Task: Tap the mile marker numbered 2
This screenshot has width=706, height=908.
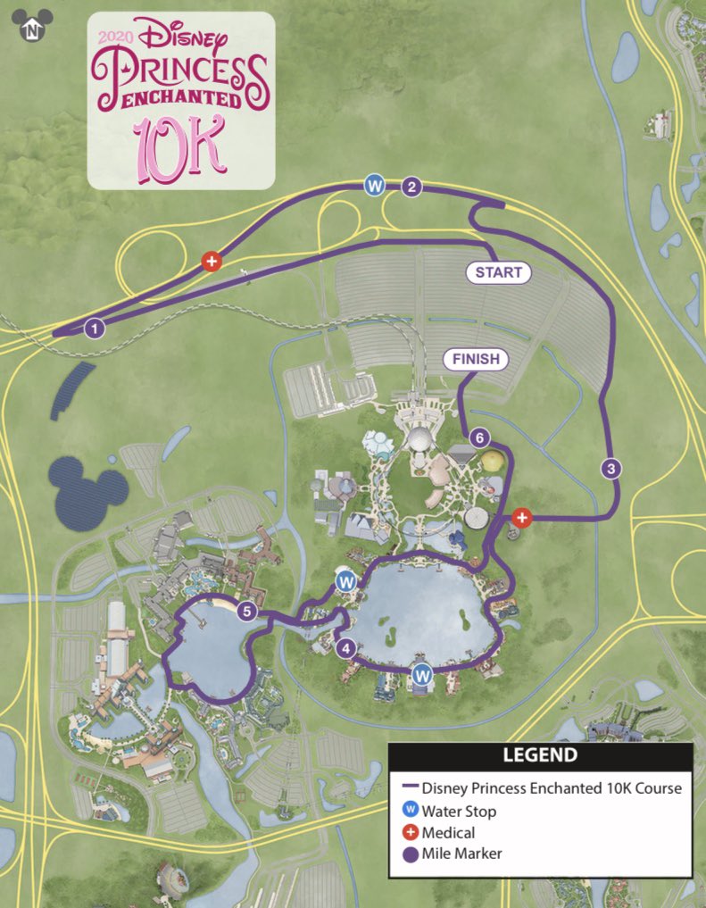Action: [411, 187]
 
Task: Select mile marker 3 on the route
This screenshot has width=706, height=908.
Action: [610, 468]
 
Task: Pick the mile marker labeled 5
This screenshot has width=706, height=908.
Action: [248, 612]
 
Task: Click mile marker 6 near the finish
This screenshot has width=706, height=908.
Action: [480, 437]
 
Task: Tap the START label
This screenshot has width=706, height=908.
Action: [499, 272]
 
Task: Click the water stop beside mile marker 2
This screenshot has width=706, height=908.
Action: [376, 186]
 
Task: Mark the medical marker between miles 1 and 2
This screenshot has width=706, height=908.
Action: [212, 262]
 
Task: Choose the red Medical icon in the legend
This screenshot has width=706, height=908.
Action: [410, 832]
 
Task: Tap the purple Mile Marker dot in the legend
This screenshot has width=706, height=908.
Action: [410, 854]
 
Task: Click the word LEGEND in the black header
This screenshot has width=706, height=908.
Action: [540, 756]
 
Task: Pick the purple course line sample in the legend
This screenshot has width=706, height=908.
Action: [410, 788]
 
